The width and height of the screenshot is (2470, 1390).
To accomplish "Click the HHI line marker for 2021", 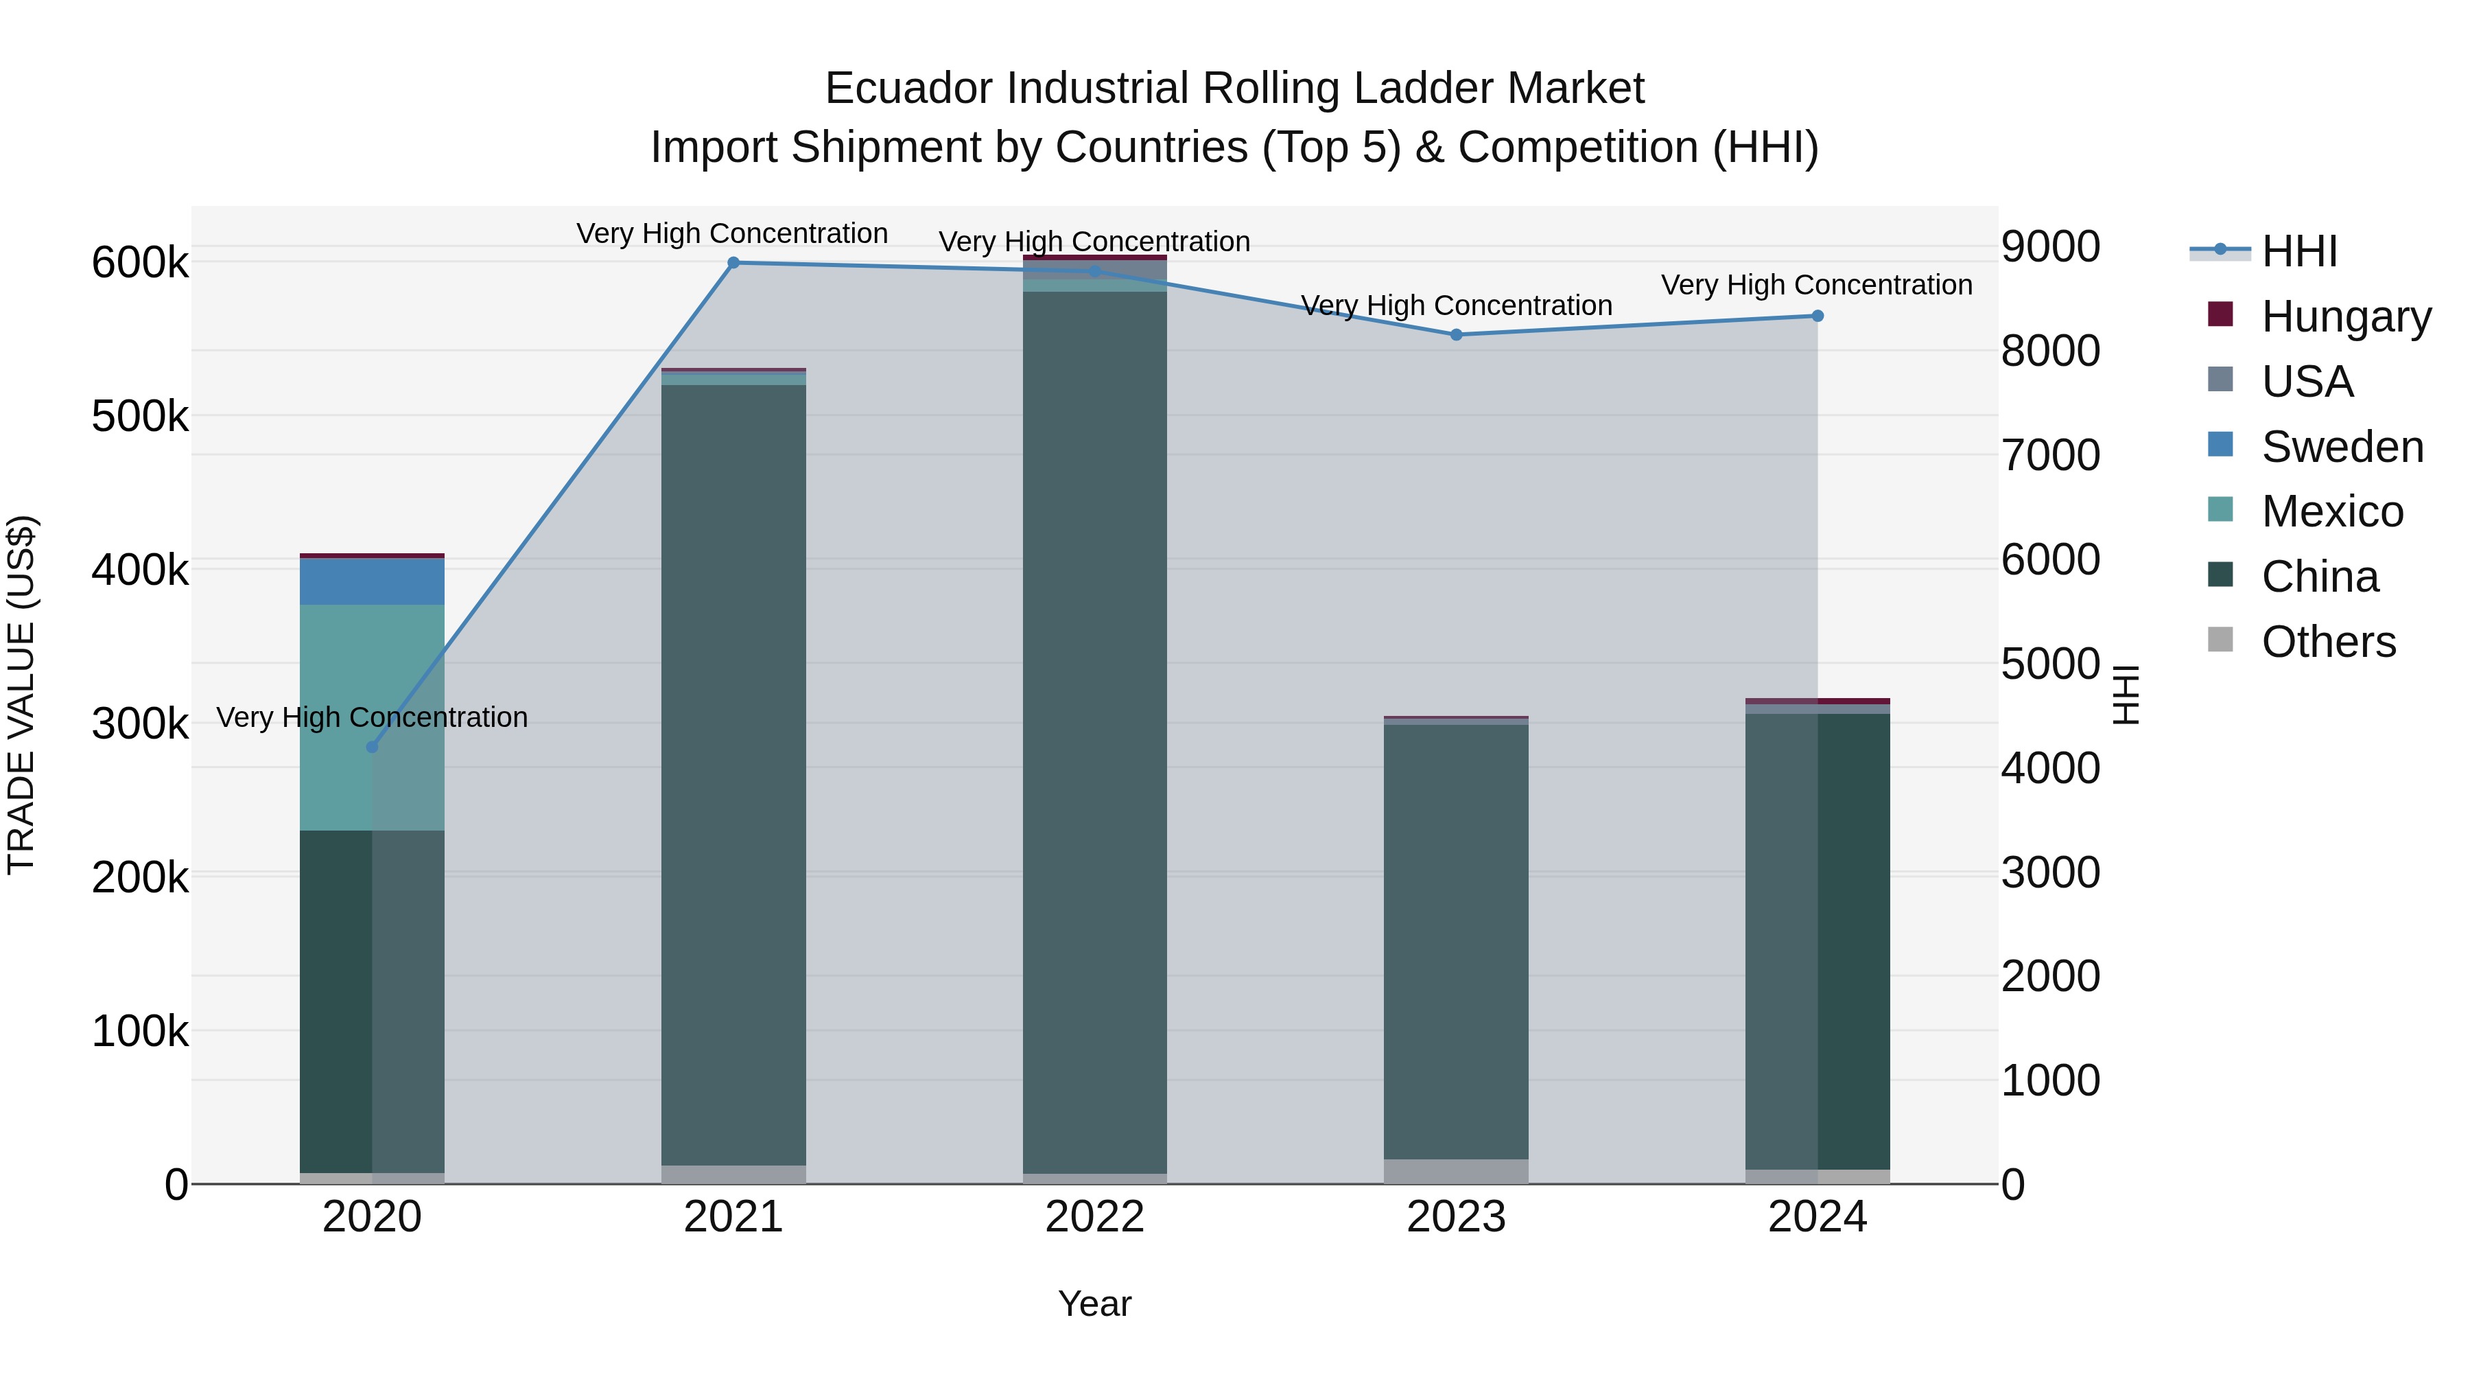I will point(733,263).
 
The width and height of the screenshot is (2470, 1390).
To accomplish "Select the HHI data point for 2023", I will point(1455,335).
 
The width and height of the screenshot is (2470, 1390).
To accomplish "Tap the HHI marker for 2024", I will point(1817,316).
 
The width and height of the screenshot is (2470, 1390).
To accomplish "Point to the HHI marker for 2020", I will point(372,748).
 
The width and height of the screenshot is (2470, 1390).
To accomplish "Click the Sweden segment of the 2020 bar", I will point(372,581).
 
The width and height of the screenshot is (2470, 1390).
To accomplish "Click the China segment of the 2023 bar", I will point(1455,940).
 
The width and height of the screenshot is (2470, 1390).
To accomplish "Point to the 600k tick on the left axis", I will point(140,263).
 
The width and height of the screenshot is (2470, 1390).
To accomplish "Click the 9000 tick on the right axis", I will point(2050,246).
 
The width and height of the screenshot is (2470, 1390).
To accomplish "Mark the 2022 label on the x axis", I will point(1094,1217).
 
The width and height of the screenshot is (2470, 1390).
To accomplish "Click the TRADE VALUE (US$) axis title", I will point(21,695).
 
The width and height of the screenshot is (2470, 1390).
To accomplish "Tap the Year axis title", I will point(1094,1304).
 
